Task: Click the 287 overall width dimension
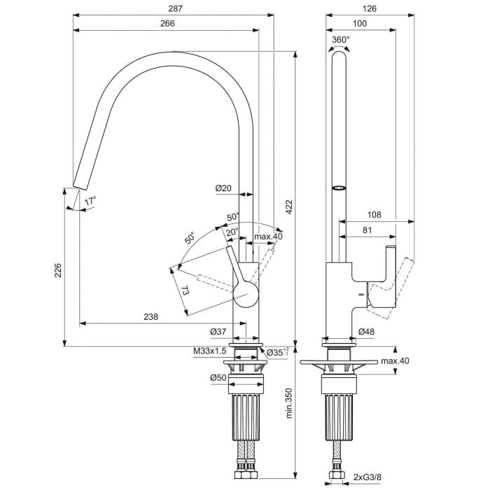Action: (x=166, y=8)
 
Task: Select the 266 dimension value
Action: (x=166, y=23)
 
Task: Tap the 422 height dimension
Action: (x=288, y=206)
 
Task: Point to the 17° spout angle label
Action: (x=90, y=202)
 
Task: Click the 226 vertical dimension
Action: (x=58, y=269)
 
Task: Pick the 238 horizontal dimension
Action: (x=150, y=316)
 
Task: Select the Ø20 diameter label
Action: (x=223, y=188)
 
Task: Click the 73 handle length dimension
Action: (x=185, y=289)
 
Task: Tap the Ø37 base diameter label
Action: (x=218, y=332)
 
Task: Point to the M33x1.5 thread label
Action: (x=210, y=351)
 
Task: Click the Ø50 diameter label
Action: (x=218, y=379)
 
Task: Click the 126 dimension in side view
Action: (x=370, y=8)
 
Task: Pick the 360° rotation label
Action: (x=340, y=40)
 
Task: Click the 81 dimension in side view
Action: (x=367, y=230)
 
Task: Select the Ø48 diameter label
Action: (x=366, y=331)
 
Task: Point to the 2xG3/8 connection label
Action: (x=367, y=477)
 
